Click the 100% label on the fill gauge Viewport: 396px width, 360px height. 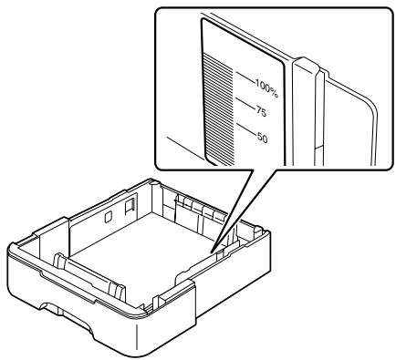266,87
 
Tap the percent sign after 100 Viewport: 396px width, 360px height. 274,91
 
